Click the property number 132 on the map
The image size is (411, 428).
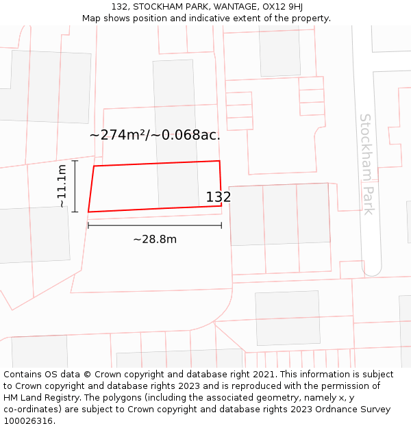(x=219, y=197)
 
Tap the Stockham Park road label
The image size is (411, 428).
(x=367, y=164)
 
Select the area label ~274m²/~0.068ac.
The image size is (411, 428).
(x=155, y=135)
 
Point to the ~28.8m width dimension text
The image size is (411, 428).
(x=155, y=239)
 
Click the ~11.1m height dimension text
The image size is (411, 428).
(x=62, y=186)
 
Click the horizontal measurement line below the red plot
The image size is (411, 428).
(x=155, y=225)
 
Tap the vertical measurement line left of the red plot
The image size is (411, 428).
(x=75, y=186)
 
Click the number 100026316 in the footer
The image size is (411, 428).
(x=27, y=421)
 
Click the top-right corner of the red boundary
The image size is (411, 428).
(x=219, y=161)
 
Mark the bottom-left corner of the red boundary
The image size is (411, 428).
(x=88, y=212)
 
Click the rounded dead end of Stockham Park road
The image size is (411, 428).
(x=371, y=269)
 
